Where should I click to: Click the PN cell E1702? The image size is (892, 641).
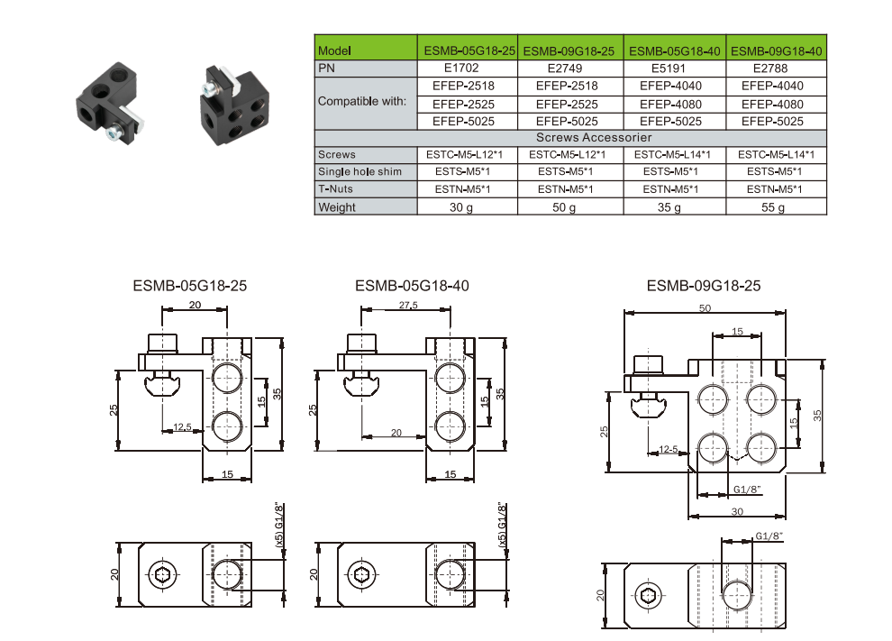coord(467,68)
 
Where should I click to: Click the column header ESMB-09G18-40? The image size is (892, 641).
coord(776,51)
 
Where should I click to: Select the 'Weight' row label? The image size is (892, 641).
coord(337,207)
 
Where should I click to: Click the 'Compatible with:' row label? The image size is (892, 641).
coord(362,102)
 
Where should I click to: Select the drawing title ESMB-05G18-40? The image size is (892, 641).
coord(412,286)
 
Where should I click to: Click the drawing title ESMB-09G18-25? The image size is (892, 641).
coord(704,286)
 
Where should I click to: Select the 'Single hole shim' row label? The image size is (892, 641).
coord(359,171)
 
